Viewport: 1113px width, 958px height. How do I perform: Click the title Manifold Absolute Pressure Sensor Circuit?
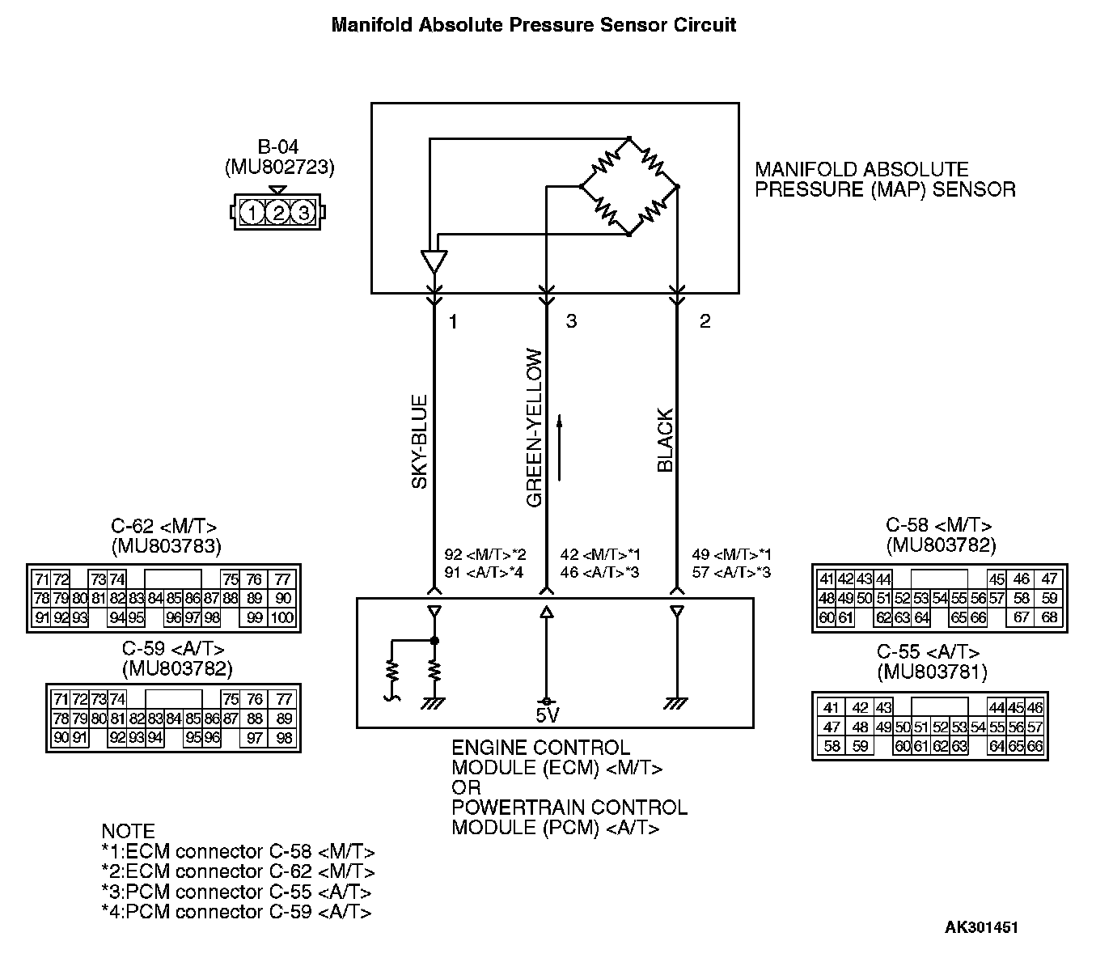[x=534, y=25]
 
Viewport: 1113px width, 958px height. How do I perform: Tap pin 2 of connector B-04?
[x=278, y=213]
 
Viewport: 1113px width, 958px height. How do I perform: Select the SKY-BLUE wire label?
[x=419, y=442]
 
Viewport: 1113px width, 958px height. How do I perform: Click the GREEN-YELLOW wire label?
[x=533, y=428]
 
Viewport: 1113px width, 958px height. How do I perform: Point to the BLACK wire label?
[x=665, y=441]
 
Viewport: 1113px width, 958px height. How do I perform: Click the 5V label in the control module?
[x=547, y=715]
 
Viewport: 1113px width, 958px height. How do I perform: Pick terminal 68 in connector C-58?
[x=1048, y=618]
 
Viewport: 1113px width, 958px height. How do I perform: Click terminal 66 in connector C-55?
[x=1035, y=746]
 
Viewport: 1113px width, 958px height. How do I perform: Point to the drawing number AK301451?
[x=981, y=927]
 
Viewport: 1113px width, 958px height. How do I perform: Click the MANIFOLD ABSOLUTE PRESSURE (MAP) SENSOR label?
[x=885, y=180]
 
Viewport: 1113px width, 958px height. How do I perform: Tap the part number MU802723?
[x=278, y=167]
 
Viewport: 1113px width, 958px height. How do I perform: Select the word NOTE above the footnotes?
[x=128, y=831]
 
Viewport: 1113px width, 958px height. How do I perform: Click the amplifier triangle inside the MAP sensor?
[x=434, y=261]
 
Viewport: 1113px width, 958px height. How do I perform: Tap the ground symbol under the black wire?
[x=676, y=704]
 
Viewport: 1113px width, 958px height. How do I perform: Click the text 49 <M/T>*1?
[x=731, y=555]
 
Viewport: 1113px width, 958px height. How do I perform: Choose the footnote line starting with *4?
[x=236, y=912]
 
